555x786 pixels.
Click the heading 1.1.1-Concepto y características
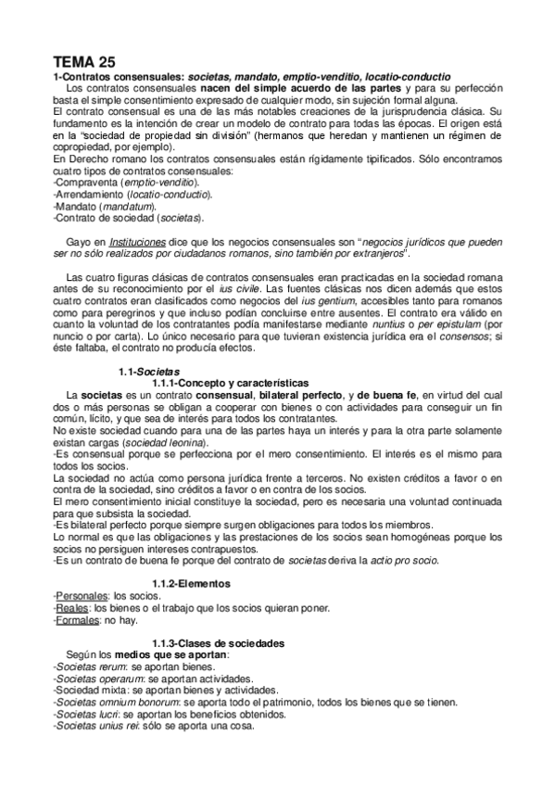click(x=218, y=382)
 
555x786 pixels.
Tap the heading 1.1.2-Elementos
click(x=193, y=583)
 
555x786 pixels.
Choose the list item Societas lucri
click(x=87, y=715)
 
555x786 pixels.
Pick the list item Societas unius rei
click(x=95, y=726)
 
